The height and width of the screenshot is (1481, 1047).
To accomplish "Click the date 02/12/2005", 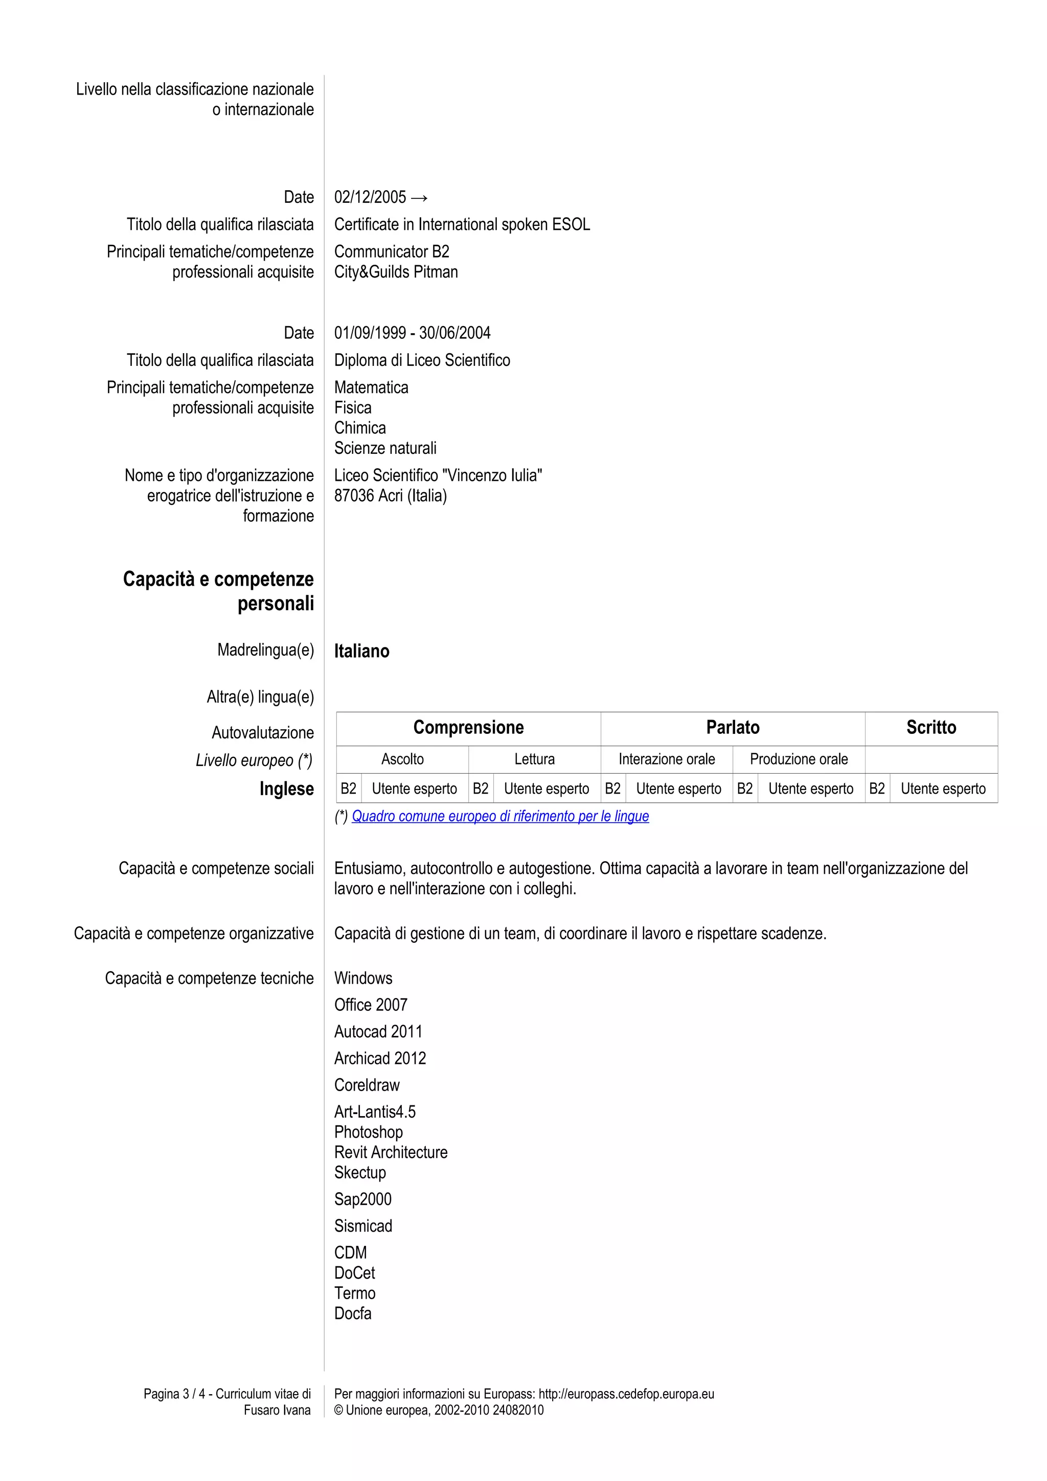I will click(x=370, y=197).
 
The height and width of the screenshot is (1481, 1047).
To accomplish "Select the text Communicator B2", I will click(x=392, y=251).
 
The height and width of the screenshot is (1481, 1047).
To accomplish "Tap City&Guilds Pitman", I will click(x=396, y=272).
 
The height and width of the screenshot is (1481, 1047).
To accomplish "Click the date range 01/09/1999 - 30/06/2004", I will click(x=412, y=333).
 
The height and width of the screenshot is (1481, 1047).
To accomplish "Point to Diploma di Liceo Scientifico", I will click(x=422, y=360).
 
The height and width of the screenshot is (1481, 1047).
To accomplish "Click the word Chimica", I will click(x=360, y=428).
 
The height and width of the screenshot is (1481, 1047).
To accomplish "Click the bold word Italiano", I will click(x=361, y=651).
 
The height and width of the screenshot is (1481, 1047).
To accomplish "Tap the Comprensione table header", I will click(x=468, y=728).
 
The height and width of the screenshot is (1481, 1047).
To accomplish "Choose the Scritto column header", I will click(x=930, y=728).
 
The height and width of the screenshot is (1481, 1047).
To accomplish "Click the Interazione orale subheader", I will click(x=667, y=759).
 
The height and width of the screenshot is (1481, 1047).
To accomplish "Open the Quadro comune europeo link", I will click(x=500, y=816).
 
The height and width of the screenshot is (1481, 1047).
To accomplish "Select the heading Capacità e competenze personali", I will click(x=219, y=591).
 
